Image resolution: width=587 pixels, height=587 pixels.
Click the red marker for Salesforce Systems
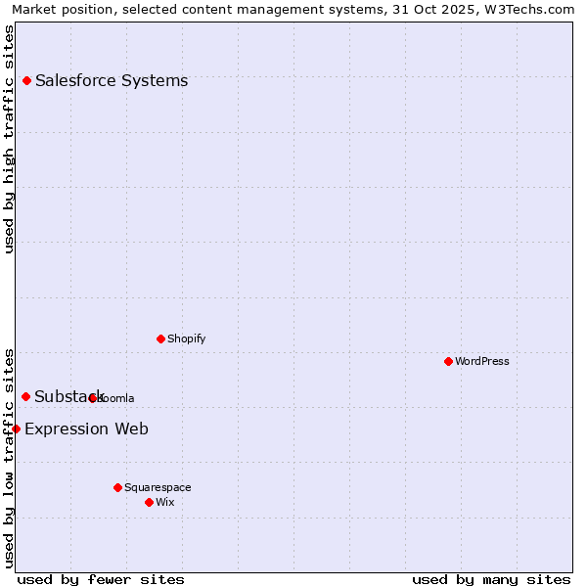[x=26, y=80]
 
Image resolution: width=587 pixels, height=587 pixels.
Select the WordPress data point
[x=448, y=361]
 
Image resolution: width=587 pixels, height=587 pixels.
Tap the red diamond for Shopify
[x=160, y=339]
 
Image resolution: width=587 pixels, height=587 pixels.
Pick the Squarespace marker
[x=117, y=487]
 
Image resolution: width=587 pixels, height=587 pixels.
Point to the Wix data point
[x=149, y=502]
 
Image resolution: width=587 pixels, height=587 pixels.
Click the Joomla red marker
[x=93, y=398]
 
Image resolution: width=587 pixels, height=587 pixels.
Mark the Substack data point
[x=26, y=396]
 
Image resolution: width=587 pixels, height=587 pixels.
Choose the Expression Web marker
[x=16, y=429]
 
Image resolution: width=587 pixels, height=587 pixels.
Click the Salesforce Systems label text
[x=112, y=80]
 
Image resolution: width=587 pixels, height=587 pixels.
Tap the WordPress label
[x=482, y=361]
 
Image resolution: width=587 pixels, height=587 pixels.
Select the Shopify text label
[x=187, y=339]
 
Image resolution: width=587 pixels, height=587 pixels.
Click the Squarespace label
[x=158, y=487]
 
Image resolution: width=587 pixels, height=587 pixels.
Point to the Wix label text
[x=165, y=502]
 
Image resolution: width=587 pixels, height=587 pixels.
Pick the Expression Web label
[x=86, y=429]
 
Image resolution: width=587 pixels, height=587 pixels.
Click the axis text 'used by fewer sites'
[x=101, y=579]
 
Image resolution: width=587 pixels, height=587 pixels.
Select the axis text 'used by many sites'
[x=491, y=579]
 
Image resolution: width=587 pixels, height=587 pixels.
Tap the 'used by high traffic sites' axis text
[x=9, y=139]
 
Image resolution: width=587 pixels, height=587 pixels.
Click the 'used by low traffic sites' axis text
[x=9, y=457]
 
